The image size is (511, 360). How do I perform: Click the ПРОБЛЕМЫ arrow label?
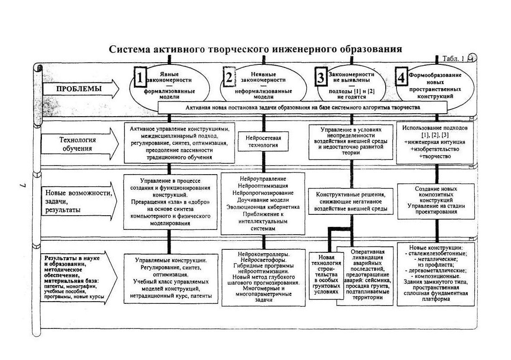pyautogui.click(x=79, y=89)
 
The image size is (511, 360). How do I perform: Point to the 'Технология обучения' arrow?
pyautogui.click(x=80, y=143)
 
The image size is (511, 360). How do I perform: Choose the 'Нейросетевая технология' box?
pyautogui.click(x=263, y=141)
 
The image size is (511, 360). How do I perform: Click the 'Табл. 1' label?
pyautogui.click(x=453, y=59)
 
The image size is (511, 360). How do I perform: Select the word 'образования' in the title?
pyautogui.click(x=371, y=49)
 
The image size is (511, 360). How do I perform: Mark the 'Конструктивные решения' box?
pyautogui.click(x=351, y=201)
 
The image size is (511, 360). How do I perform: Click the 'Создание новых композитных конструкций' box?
pyautogui.click(x=436, y=201)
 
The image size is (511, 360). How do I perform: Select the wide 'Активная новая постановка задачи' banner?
pyautogui.click(x=303, y=107)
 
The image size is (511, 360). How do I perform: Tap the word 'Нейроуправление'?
pyautogui.click(x=263, y=178)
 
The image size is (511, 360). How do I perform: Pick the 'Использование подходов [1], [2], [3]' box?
pyautogui.click(x=435, y=142)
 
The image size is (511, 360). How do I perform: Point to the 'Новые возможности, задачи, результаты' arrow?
pyautogui.click(x=79, y=201)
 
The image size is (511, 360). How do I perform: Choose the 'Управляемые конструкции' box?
pyautogui.click(x=171, y=278)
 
